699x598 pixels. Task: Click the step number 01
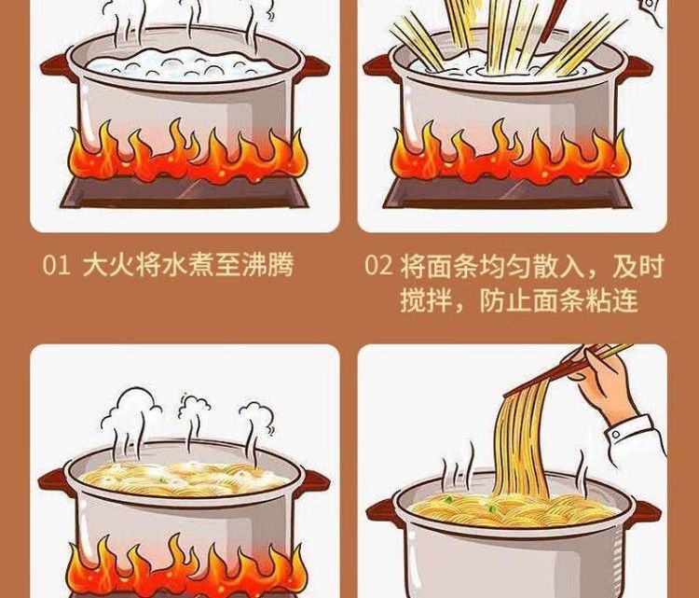(56, 265)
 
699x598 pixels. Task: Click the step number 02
(378, 265)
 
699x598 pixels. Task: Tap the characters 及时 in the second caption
(638, 265)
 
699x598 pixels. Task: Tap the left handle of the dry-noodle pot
(379, 68)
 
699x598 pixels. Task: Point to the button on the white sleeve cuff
(616, 434)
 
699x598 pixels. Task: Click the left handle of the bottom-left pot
(54, 482)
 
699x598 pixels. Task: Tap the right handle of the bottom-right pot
(647, 513)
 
